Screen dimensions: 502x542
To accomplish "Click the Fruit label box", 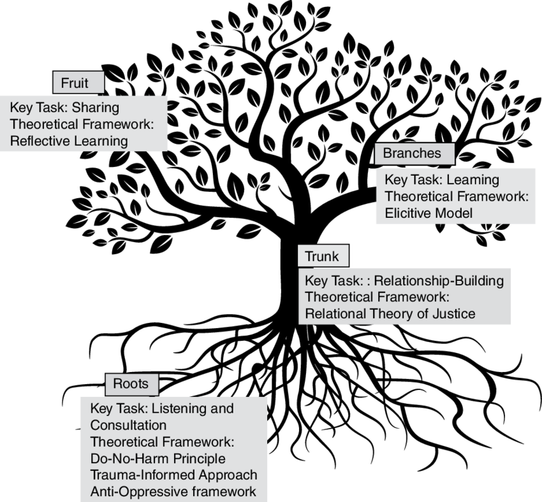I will point(78,83).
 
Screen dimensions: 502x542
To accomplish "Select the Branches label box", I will point(411,153).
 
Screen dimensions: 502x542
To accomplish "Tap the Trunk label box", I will point(323,257).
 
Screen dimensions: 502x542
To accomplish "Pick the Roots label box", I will point(131,384).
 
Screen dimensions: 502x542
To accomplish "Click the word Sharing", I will point(96,108).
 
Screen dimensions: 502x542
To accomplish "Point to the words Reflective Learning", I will point(69,140).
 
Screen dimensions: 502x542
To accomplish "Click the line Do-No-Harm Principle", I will point(158,458).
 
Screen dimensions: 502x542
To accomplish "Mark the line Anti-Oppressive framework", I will point(173,491).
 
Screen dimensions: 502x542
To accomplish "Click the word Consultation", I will point(128,425).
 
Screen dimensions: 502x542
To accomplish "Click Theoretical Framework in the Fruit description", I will point(82,124).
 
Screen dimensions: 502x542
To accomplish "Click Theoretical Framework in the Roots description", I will point(163,441).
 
